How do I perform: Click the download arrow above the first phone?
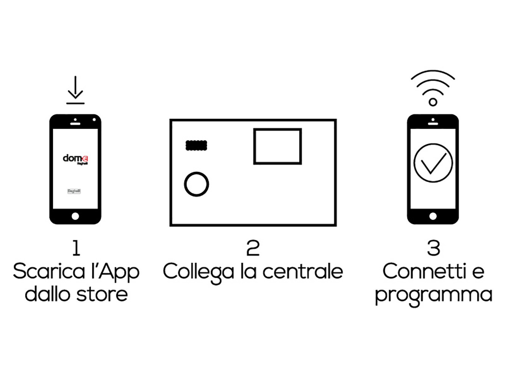(75, 90)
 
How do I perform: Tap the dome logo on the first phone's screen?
(75, 159)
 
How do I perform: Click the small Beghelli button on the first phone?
(74, 191)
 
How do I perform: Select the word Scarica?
(49, 271)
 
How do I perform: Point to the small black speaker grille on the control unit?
(196, 145)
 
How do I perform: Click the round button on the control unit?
(196, 184)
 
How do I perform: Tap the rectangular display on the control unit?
(277, 146)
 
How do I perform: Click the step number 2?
(253, 248)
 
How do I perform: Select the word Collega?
(198, 272)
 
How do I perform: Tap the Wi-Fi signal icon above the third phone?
(433, 88)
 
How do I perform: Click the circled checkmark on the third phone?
(433, 163)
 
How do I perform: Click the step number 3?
(433, 248)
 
